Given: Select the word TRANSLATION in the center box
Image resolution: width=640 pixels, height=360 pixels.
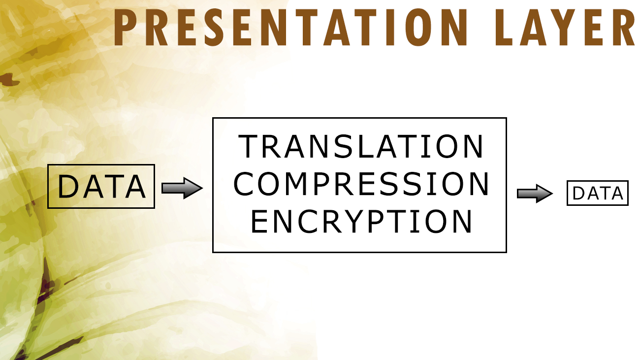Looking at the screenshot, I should click(361, 146).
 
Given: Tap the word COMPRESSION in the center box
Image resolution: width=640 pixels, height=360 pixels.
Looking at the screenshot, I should click(361, 184).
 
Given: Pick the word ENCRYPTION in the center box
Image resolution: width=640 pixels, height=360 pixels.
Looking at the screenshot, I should click(361, 222).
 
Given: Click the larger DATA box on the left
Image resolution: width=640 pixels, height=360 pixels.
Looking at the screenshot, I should click(101, 187).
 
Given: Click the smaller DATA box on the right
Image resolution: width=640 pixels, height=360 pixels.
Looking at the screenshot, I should click(598, 193).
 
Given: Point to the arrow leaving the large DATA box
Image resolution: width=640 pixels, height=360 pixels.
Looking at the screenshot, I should click(182, 188).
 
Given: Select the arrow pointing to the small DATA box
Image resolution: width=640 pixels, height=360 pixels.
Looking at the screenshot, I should click(535, 194).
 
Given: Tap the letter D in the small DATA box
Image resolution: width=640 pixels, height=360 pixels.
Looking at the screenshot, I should click(579, 194).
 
